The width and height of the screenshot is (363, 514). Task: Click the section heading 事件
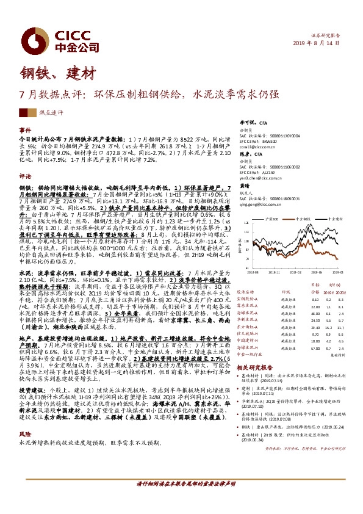pos(24,131)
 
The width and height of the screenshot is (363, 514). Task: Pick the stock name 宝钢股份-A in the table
pos(253,300)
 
